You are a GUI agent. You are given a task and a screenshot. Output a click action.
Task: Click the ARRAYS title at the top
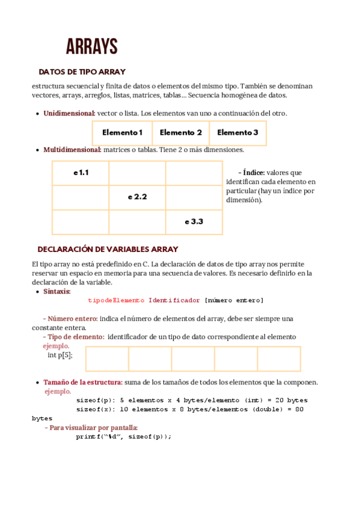(x=91, y=46)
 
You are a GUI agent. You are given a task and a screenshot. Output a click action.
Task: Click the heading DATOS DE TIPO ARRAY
(x=82, y=72)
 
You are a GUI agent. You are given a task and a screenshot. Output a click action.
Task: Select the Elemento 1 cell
(x=122, y=133)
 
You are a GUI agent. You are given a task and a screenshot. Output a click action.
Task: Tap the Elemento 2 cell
(x=180, y=133)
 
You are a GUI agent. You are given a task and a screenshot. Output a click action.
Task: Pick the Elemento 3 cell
(x=237, y=133)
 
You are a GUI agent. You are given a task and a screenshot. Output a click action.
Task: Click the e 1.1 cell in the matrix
(x=81, y=173)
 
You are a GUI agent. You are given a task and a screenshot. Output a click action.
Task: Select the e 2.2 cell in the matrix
(x=137, y=197)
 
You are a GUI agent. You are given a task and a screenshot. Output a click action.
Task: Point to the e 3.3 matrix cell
(x=194, y=222)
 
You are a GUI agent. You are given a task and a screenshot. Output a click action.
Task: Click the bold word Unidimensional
(x=69, y=113)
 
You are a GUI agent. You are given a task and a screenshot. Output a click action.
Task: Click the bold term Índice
(x=254, y=173)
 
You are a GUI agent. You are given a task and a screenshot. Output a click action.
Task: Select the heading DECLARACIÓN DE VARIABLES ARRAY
(x=108, y=249)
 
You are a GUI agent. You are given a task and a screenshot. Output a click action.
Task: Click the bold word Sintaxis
(x=57, y=292)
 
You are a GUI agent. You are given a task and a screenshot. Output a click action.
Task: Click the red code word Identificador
(x=174, y=300)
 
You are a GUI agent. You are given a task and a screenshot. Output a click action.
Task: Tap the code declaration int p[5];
(x=60, y=355)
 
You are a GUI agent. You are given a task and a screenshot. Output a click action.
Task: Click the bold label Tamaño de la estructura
(x=83, y=382)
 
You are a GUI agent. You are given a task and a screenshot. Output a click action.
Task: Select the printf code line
(x=124, y=437)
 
